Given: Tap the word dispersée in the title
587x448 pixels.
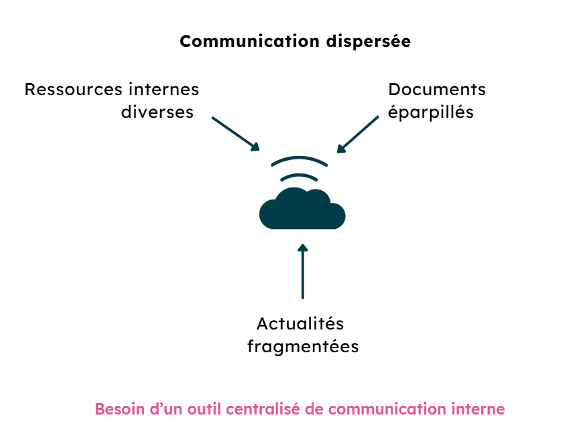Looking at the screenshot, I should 368,42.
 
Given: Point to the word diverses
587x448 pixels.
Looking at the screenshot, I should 157,112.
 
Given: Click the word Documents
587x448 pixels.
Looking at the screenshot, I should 437,90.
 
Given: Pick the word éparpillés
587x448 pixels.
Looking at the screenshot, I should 431,113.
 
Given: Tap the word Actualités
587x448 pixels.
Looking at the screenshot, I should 300,324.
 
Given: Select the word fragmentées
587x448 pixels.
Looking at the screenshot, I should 303,347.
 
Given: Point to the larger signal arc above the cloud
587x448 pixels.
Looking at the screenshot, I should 300,160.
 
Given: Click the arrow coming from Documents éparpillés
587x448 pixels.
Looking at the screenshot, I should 358,134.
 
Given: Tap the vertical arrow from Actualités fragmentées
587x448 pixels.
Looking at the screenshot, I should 303,272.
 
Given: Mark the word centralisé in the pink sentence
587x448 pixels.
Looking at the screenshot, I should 264,409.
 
